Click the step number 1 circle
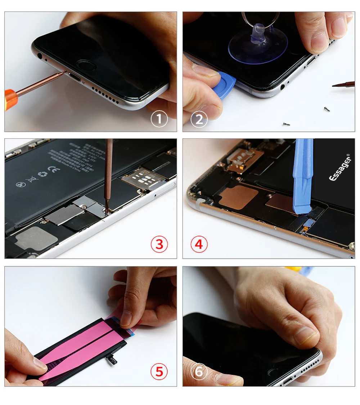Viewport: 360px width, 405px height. (x=159, y=119)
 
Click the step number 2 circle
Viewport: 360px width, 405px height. (x=199, y=119)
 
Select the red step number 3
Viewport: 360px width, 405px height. (x=159, y=245)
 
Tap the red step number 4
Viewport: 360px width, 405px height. (x=199, y=245)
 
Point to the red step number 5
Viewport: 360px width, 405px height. (x=159, y=371)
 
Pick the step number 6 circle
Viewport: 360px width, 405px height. (x=199, y=371)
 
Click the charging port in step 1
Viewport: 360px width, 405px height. (x=76, y=78)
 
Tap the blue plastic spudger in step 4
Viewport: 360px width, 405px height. (x=303, y=177)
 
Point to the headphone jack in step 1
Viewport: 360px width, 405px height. (x=39, y=56)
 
